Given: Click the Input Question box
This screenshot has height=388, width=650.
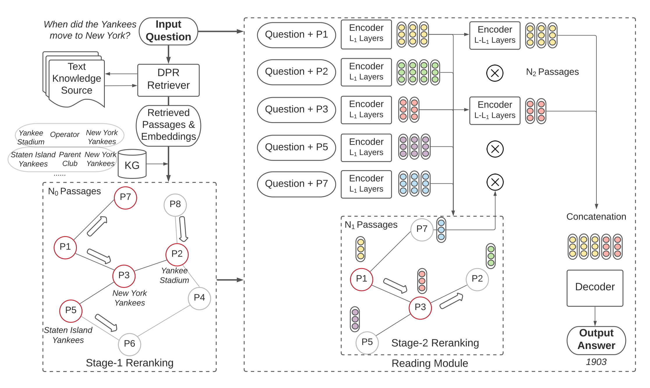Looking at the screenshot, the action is click(x=168, y=31).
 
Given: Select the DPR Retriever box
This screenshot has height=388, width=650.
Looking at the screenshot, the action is click(x=168, y=80).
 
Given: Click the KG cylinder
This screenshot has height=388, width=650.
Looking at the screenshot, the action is click(x=132, y=164).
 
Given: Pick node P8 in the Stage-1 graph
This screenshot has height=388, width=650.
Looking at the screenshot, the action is click(x=175, y=205).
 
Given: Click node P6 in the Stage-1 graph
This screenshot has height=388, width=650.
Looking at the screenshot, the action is click(x=130, y=344).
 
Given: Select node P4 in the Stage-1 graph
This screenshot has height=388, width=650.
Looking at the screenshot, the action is click(x=199, y=298).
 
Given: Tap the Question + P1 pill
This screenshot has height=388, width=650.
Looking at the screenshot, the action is click(x=296, y=35).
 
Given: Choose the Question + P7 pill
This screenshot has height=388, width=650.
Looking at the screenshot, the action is click(x=296, y=184).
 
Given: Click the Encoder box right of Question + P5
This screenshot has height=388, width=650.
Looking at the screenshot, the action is click(x=366, y=147).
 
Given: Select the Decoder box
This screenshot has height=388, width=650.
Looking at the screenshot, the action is click(x=595, y=288).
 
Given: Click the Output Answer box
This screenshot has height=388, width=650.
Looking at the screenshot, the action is click(x=596, y=340).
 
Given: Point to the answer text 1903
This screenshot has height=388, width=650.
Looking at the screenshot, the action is click(x=596, y=362).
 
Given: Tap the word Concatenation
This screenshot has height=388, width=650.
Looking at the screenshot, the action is click(x=596, y=217).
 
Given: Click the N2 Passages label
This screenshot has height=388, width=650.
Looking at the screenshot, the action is click(x=552, y=72).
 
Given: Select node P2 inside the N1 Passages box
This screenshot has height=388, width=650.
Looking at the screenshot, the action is click(x=477, y=280).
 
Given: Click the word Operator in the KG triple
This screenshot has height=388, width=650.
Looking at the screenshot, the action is click(x=65, y=135).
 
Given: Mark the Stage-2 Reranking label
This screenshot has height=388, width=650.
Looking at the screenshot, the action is click(x=435, y=343).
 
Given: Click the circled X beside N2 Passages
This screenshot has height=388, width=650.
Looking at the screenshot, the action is click(x=495, y=73).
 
